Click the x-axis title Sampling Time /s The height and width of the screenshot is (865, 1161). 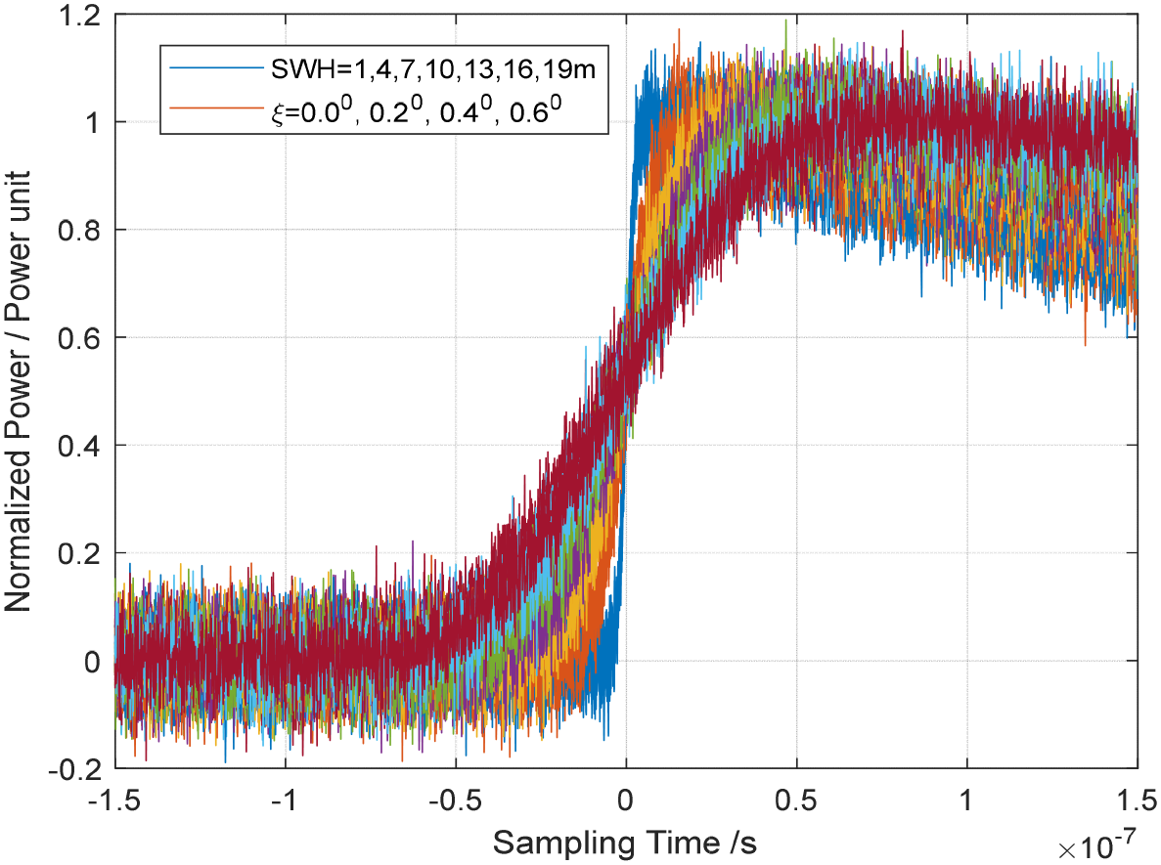(x=626, y=841)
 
